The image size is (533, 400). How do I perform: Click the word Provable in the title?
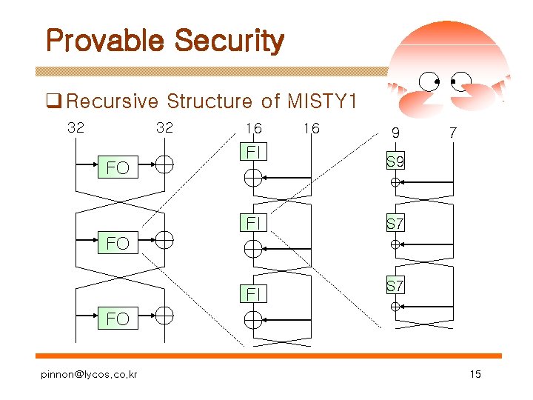[x=105, y=41]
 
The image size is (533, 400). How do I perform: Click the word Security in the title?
[x=229, y=41]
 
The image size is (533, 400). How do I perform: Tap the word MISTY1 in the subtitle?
[x=322, y=101]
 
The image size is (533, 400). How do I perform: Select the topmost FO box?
[x=118, y=168]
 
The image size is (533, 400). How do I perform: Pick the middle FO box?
[x=118, y=242]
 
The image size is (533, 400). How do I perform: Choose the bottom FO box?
[x=118, y=319]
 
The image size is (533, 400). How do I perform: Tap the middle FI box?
[x=253, y=222]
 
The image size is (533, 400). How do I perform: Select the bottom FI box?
[x=253, y=295]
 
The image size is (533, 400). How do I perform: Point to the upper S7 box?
[x=395, y=223]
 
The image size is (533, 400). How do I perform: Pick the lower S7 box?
[x=395, y=285]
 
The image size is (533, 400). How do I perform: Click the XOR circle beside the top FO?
[x=164, y=164]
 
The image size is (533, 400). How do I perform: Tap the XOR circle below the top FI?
[x=253, y=178]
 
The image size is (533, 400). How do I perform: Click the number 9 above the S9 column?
[x=395, y=133]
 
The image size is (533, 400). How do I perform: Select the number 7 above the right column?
[x=452, y=133]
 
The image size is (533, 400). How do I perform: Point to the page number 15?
[x=475, y=374]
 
